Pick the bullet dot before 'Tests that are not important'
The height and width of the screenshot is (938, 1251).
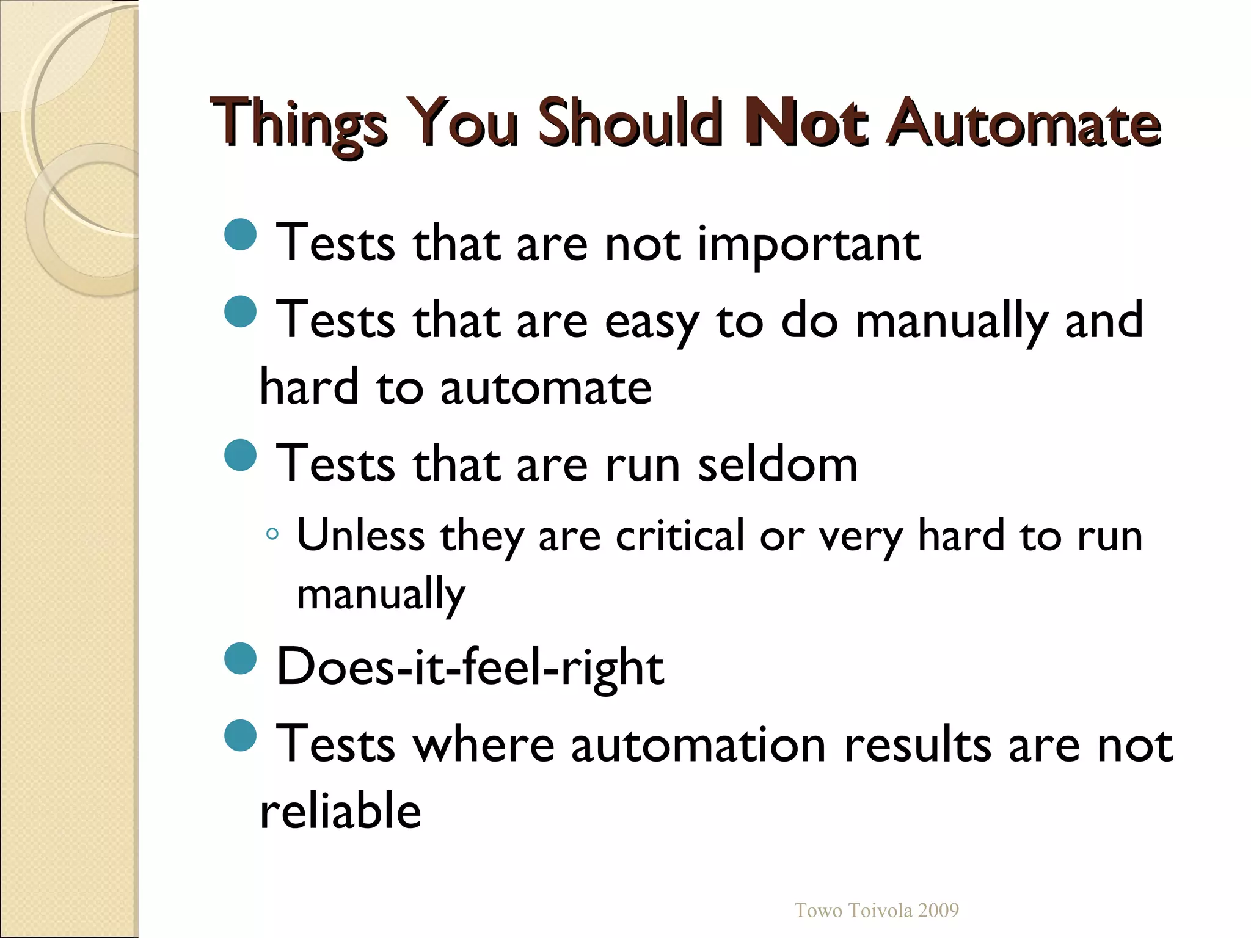click(240, 234)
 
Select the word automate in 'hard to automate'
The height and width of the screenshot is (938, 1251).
click(546, 388)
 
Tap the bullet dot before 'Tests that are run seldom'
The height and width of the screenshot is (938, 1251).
click(240, 455)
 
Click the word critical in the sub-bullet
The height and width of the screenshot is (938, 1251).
click(680, 536)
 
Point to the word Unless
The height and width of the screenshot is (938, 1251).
click(360, 536)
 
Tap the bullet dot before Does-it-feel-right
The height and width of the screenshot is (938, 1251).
click(240, 658)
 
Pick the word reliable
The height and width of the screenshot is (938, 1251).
click(340, 811)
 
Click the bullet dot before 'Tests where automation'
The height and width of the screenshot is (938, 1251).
click(240, 735)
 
